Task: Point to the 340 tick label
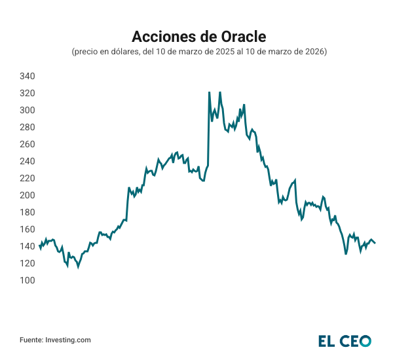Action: click(x=27, y=76)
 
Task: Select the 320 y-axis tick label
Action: click(x=27, y=93)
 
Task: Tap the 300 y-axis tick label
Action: click(x=27, y=110)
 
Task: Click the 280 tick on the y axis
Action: click(x=27, y=127)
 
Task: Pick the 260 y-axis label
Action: click(x=27, y=144)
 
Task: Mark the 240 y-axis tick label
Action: click(x=27, y=161)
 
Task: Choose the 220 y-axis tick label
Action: click(x=27, y=178)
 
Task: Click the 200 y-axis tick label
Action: click(x=27, y=195)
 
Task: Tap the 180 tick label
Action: click(x=27, y=212)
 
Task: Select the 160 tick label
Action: click(x=27, y=229)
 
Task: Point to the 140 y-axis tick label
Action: click(x=27, y=246)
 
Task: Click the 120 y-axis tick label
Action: click(x=27, y=263)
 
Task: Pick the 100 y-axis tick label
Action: click(x=27, y=280)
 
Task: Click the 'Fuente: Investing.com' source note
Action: click(x=55, y=340)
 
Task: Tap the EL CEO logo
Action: click(x=345, y=340)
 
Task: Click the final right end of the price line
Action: click(x=375, y=243)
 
